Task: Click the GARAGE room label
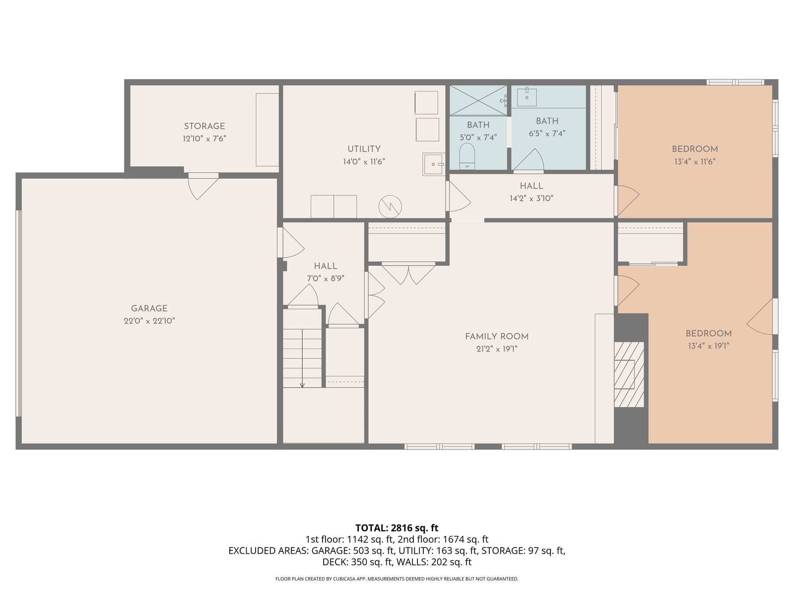[149, 308]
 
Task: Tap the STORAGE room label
[204, 126]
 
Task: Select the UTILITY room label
[364, 149]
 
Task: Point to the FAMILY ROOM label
[497, 336]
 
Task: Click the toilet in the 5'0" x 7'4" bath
[466, 156]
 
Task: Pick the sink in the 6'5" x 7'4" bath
[527, 97]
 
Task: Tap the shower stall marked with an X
[478, 101]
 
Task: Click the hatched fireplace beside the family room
[629, 374]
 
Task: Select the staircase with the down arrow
[302, 357]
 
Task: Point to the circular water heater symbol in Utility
[390, 207]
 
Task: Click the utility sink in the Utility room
[433, 165]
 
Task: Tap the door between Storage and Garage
[203, 186]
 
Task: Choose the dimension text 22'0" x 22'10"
[149, 321]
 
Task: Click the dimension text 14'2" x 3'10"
[531, 198]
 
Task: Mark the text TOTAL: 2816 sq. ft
[397, 528]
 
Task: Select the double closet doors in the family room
[408, 273]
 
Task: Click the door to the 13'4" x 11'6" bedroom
[627, 200]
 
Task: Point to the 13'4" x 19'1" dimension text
[709, 346]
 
